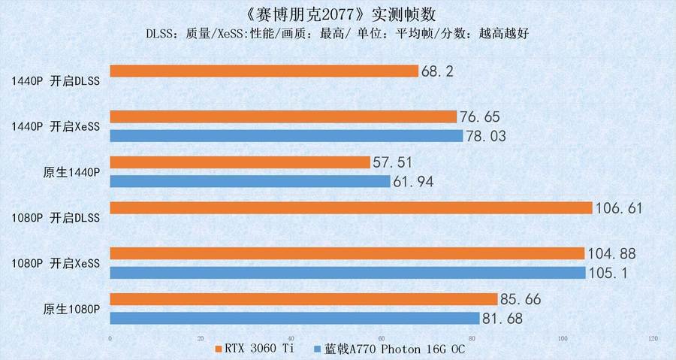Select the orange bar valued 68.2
264,71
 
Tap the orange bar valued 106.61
351,207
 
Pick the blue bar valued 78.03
286,136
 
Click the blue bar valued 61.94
250,181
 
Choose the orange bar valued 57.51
240,162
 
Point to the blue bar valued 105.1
348,272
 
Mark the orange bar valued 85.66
303,299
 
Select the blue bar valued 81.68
294,318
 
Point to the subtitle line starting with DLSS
338,35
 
